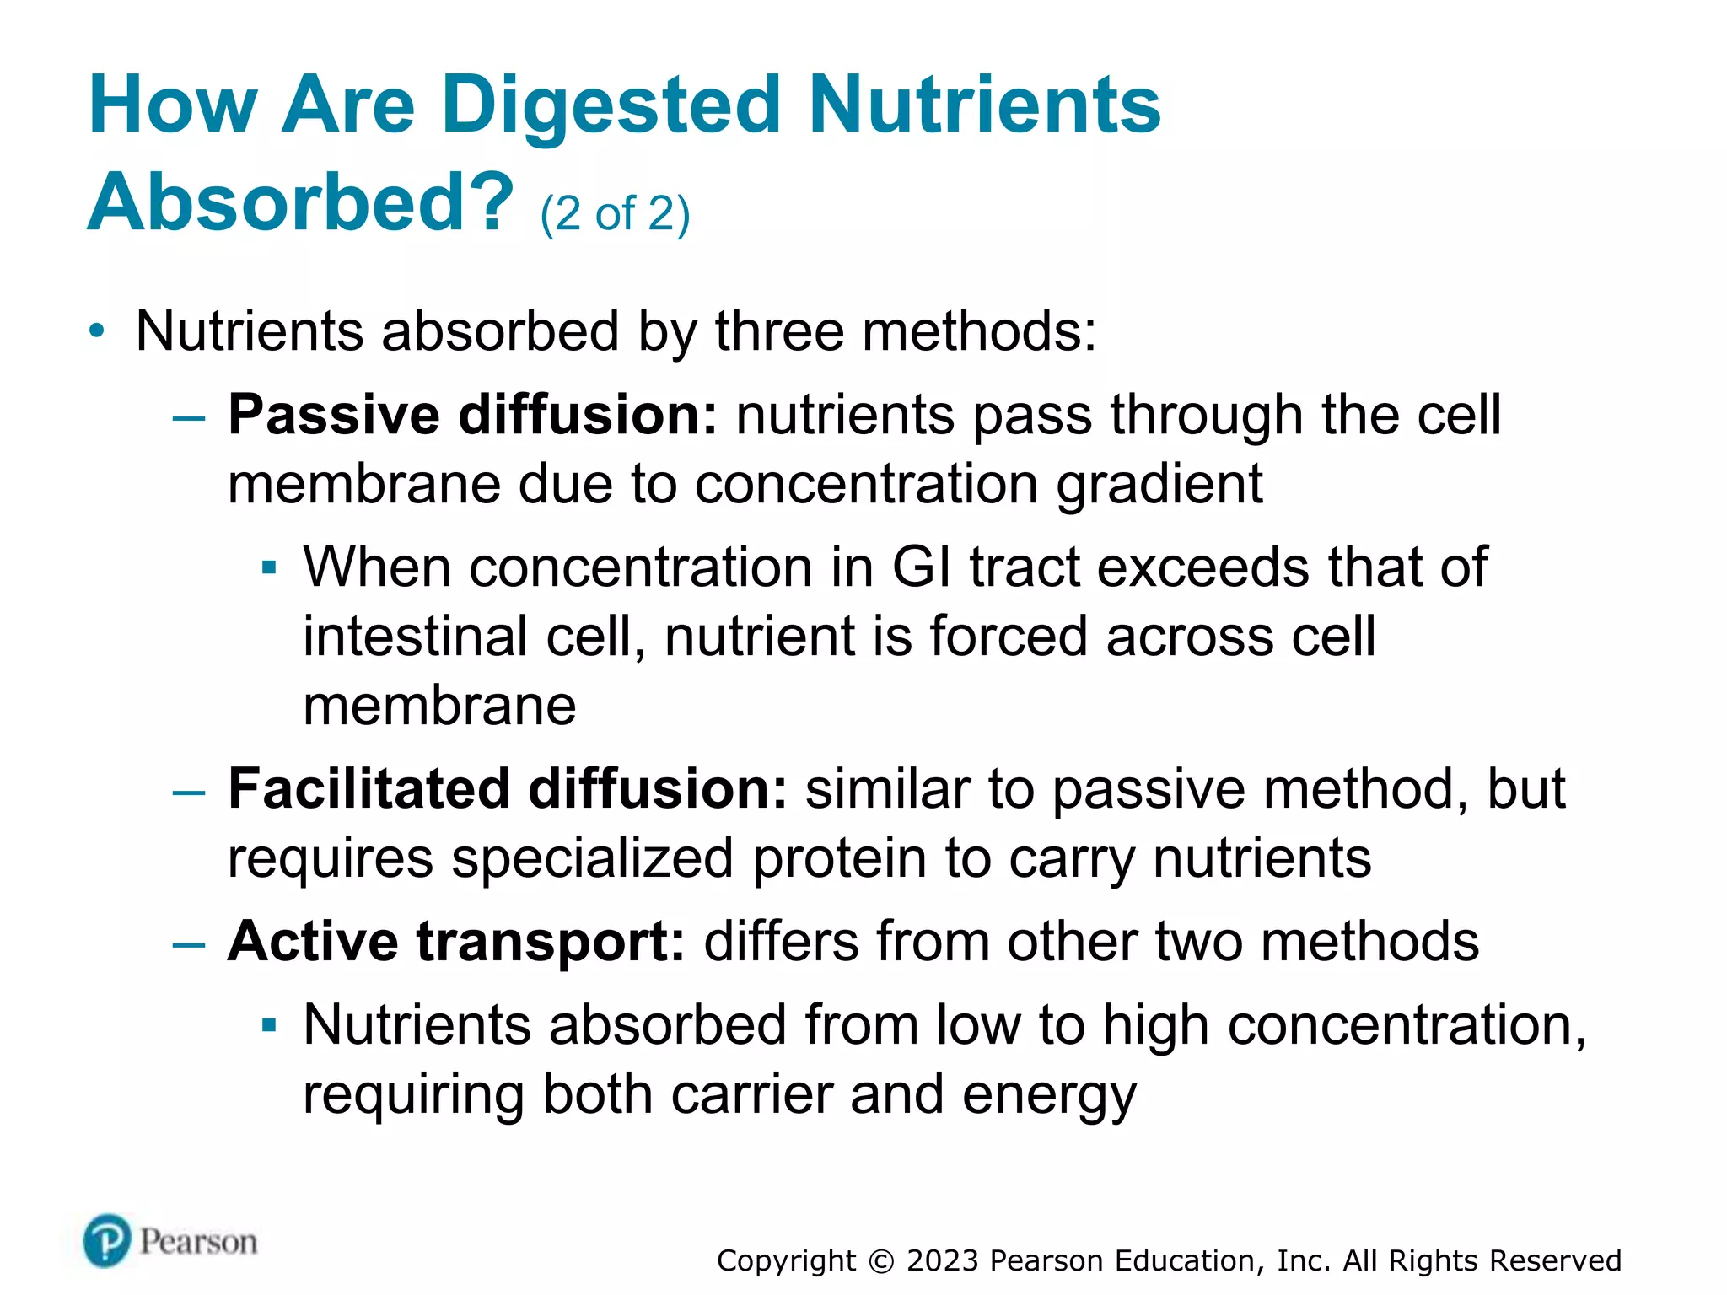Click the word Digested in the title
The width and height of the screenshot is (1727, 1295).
(x=611, y=105)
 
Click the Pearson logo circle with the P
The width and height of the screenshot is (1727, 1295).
(x=107, y=1240)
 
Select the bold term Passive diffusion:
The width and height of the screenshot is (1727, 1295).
(x=472, y=415)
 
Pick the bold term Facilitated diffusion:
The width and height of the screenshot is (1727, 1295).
(x=508, y=789)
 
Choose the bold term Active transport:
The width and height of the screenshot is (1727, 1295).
(x=456, y=941)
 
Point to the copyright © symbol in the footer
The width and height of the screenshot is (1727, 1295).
(x=881, y=1260)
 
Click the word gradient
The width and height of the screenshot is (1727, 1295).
(x=1159, y=485)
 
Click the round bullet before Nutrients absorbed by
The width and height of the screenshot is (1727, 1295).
(x=98, y=330)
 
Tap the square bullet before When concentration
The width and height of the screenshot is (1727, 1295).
(x=269, y=567)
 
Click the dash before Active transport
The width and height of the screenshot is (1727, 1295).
(x=189, y=943)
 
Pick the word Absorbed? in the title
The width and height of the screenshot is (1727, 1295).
(x=300, y=202)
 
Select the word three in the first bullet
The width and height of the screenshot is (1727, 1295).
(x=779, y=330)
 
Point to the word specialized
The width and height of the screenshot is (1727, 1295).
(x=592, y=859)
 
